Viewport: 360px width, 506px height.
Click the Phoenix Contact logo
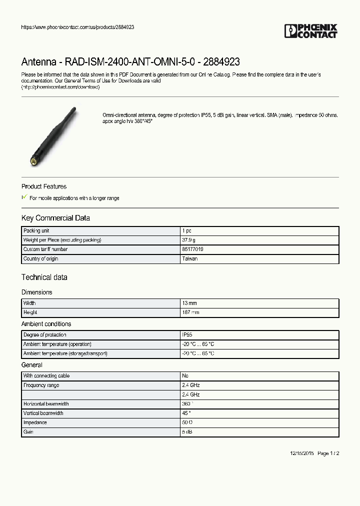click(x=311, y=31)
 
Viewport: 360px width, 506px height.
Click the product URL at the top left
click(x=77, y=27)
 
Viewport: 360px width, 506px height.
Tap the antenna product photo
click(x=51, y=135)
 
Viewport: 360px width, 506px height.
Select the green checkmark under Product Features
click(x=24, y=197)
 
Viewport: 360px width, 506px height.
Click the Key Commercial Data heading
click(x=55, y=218)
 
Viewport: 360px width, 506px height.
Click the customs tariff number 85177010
click(x=192, y=249)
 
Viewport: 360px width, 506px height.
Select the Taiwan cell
click(x=189, y=259)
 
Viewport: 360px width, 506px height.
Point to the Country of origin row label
click(x=40, y=259)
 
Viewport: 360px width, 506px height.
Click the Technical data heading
click(x=44, y=277)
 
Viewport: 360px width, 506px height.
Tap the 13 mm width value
click(x=189, y=303)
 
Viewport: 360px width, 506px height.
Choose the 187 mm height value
click(x=190, y=312)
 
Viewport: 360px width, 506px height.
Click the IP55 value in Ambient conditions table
click(x=186, y=335)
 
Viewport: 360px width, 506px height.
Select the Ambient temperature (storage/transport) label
click(x=65, y=353)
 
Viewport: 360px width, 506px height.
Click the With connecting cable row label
click(x=46, y=376)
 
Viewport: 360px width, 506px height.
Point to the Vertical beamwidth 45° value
click(x=186, y=413)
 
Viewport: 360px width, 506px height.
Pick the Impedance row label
click(x=35, y=422)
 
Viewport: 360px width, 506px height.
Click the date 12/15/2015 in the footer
click(x=302, y=453)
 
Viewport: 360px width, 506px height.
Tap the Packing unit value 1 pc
click(x=187, y=231)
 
